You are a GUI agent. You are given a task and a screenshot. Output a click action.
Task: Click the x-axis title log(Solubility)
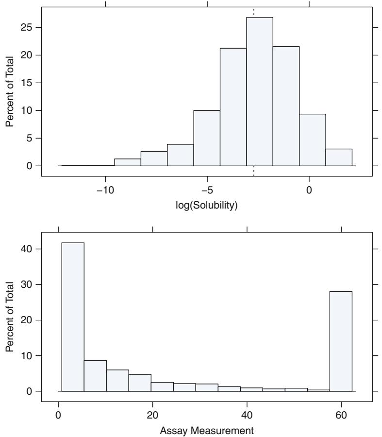point(207,206)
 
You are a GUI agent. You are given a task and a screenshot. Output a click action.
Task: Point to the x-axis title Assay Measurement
point(207,429)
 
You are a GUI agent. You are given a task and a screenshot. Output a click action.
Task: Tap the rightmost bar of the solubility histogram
point(339,157)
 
